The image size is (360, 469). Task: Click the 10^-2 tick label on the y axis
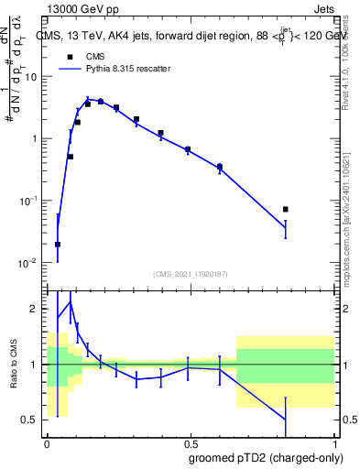[30, 263]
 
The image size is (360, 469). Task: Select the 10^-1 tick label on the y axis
[30, 201]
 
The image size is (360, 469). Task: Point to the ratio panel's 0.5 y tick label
[33, 420]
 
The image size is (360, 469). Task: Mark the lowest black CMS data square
[58, 245]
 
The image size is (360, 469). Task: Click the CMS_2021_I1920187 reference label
[191, 274]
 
